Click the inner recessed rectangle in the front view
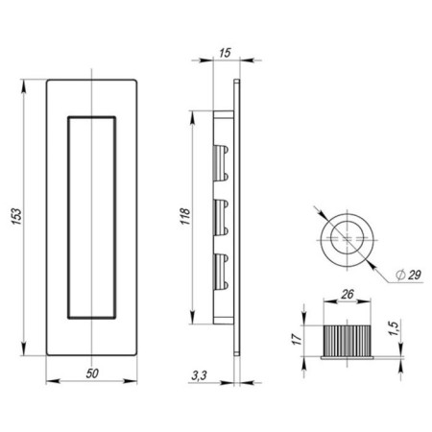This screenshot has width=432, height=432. click(91, 217)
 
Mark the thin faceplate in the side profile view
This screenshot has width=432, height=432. click(235, 217)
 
